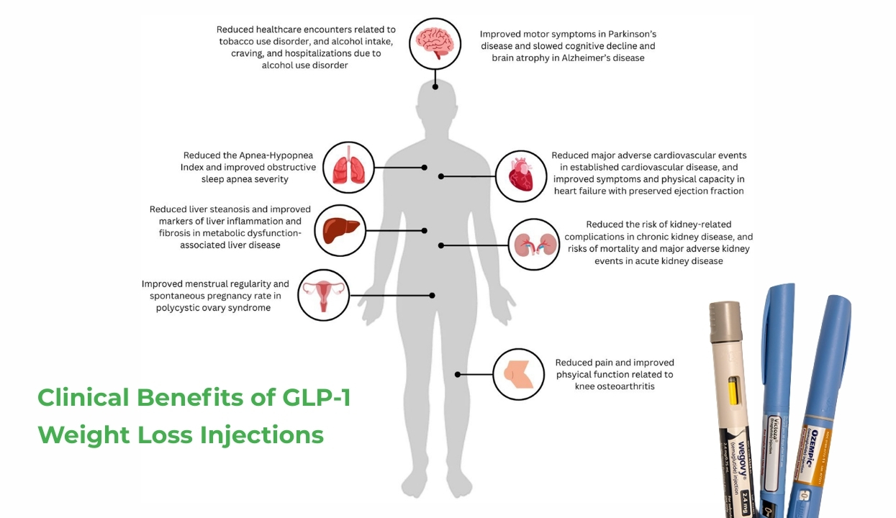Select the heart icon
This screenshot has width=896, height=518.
(x=520, y=174)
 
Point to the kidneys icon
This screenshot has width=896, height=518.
(x=533, y=245)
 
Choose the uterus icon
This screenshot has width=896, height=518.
(x=323, y=294)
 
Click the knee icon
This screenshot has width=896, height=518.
(x=518, y=374)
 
